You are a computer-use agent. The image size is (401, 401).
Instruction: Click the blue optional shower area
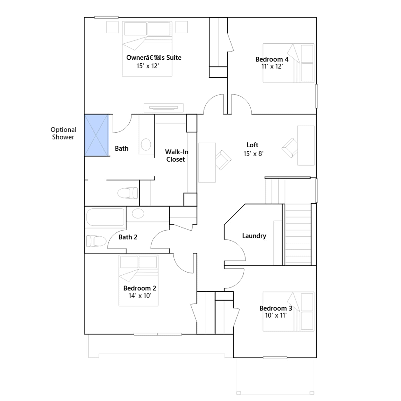pyautogui.click(x=96, y=135)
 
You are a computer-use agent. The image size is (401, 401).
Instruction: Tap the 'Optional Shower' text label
pyautogui.click(x=63, y=133)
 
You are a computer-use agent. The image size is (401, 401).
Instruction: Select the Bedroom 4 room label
pyautogui.click(x=272, y=59)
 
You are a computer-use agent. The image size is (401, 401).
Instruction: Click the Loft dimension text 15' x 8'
pyautogui.click(x=253, y=154)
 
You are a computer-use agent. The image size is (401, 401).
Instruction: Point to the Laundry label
pyautogui.click(x=254, y=236)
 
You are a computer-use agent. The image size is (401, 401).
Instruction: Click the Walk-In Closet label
pyautogui.click(x=176, y=156)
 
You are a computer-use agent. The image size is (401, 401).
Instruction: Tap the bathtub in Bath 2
pyautogui.click(x=105, y=217)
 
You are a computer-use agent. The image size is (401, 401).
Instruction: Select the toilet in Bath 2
pyautogui.click(x=96, y=241)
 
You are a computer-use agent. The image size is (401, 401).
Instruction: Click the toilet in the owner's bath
pyautogui.click(x=128, y=193)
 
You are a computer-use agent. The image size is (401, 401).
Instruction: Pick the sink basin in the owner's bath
pyautogui.click(x=146, y=145)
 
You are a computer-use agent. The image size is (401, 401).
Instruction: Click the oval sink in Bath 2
pyautogui.click(x=138, y=214)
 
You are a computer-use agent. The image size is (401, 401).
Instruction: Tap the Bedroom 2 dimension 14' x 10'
pyautogui.click(x=140, y=296)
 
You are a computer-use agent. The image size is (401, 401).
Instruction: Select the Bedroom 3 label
pyautogui.click(x=276, y=308)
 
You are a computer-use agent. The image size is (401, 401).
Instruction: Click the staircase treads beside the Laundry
pyautogui.click(x=298, y=234)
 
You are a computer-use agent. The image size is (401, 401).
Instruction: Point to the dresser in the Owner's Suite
pyautogui.click(x=163, y=108)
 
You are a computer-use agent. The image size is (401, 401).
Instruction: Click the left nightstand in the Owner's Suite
pyautogui.click(x=112, y=27)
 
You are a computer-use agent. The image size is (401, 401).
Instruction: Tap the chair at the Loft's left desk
pyautogui.click(x=223, y=160)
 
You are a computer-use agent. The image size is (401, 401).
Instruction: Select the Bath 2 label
pyautogui.click(x=128, y=237)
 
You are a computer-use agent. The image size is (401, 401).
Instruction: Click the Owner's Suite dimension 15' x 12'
pyautogui.click(x=148, y=66)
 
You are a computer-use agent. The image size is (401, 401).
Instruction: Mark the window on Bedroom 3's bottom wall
pyautogui.click(x=275, y=358)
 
